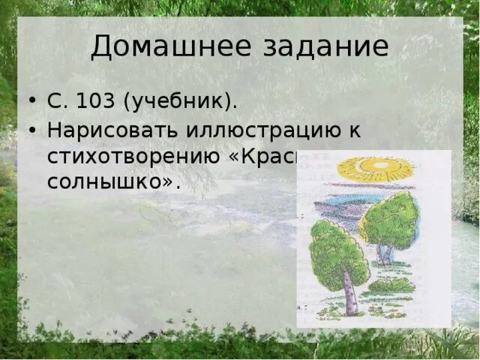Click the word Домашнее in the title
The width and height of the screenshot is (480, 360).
tap(159, 46)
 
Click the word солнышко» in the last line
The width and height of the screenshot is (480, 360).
tap(113, 182)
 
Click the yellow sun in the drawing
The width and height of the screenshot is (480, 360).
tap(375, 169)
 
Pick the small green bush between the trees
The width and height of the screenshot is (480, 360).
tap(390, 286)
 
